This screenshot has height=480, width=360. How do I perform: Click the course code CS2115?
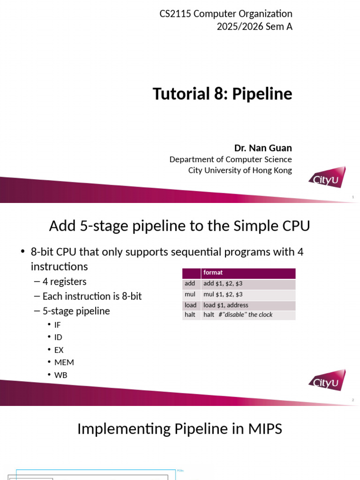tap(175, 14)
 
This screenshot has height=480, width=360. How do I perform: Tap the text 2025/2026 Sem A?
tap(254, 27)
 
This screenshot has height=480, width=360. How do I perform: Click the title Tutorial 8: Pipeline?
tap(222, 94)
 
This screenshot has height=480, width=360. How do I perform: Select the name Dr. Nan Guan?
tap(263, 148)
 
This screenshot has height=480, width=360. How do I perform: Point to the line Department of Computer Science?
tap(230, 159)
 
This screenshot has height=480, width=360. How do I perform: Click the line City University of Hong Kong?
tap(240, 170)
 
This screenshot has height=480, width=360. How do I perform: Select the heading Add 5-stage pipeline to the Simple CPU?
tap(180, 226)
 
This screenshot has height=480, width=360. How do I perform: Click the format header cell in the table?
tap(213, 272)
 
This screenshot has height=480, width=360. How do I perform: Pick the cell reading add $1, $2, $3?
tap(223, 284)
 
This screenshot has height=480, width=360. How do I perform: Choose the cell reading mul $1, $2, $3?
tap(223, 294)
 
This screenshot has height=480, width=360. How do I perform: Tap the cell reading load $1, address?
tap(226, 305)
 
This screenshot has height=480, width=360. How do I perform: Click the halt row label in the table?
tap(190, 315)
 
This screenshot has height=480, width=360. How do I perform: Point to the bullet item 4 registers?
tap(65, 282)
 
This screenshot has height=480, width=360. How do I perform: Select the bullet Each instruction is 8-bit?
tap(92, 296)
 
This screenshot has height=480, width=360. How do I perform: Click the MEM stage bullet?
tap(64, 362)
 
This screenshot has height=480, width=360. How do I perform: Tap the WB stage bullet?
tap(61, 375)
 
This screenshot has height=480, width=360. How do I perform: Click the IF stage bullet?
tap(58, 325)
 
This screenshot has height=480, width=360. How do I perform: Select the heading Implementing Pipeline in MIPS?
tap(180, 428)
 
